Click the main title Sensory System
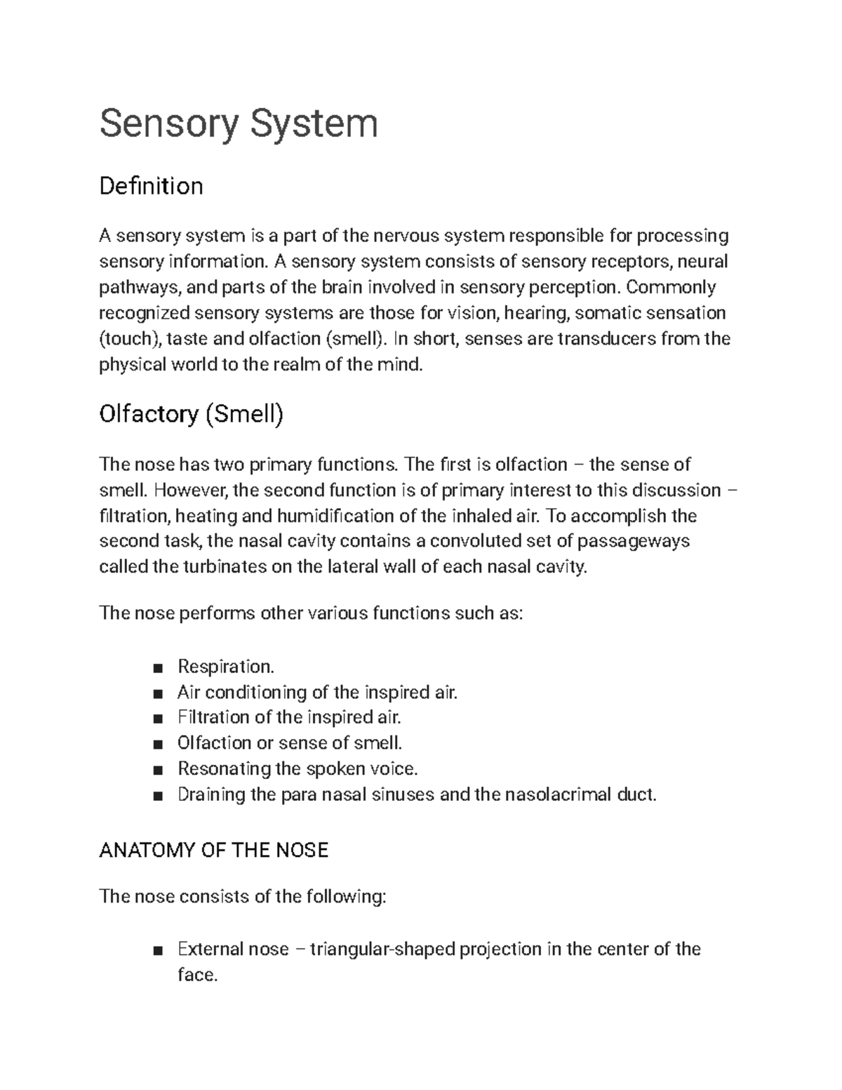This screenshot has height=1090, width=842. tap(239, 124)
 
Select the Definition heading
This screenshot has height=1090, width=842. tap(151, 186)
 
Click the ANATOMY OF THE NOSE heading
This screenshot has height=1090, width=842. tap(214, 851)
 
